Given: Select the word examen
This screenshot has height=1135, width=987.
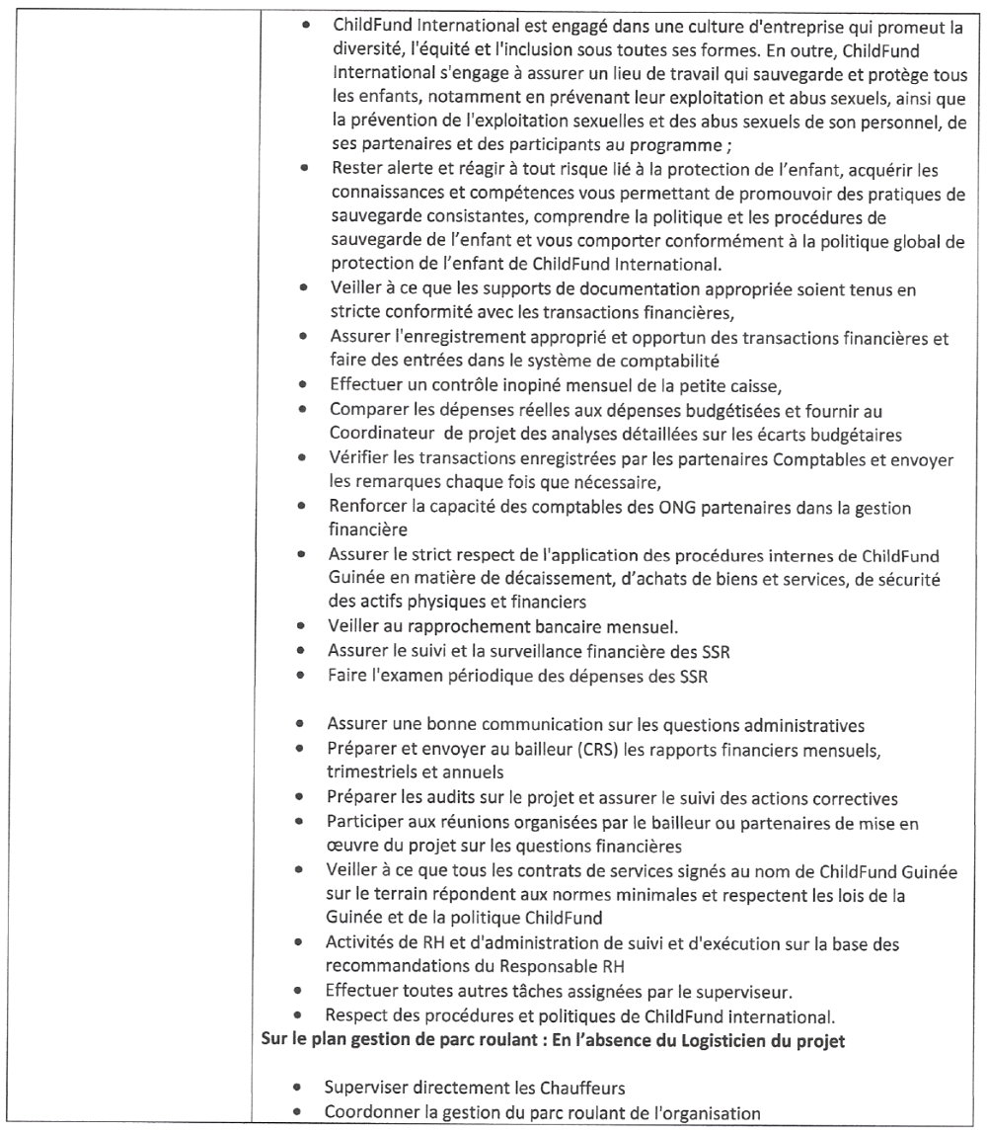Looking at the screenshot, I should coord(401,676).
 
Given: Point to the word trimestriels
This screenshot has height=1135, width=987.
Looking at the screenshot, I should coord(370,771).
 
